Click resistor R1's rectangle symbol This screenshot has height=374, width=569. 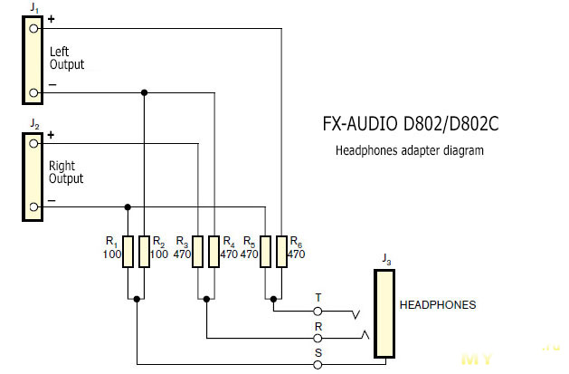[x=128, y=252]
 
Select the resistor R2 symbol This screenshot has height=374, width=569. [x=144, y=252]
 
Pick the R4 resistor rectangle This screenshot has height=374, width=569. [x=213, y=252]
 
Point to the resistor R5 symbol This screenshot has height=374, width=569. [x=265, y=252]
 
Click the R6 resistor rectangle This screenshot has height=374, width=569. [x=281, y=252]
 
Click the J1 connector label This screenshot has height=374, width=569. [x=33, y=7]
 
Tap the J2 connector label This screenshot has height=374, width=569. [x=33, y=122]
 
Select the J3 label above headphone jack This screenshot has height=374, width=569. [x=386, y=261]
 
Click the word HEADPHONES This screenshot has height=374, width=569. [x=438, y=305]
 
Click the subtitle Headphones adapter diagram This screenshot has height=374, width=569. [x=410, y=150]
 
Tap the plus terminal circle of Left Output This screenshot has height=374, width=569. [x=33, y=27]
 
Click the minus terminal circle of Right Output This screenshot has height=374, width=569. [x=33, y=207]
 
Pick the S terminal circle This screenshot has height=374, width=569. [x=318, y=364]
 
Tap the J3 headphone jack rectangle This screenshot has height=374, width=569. [x=386, y=312]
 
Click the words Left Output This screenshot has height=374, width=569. [x=67, y=58]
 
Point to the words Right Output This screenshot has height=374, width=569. [x=66, y=172]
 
